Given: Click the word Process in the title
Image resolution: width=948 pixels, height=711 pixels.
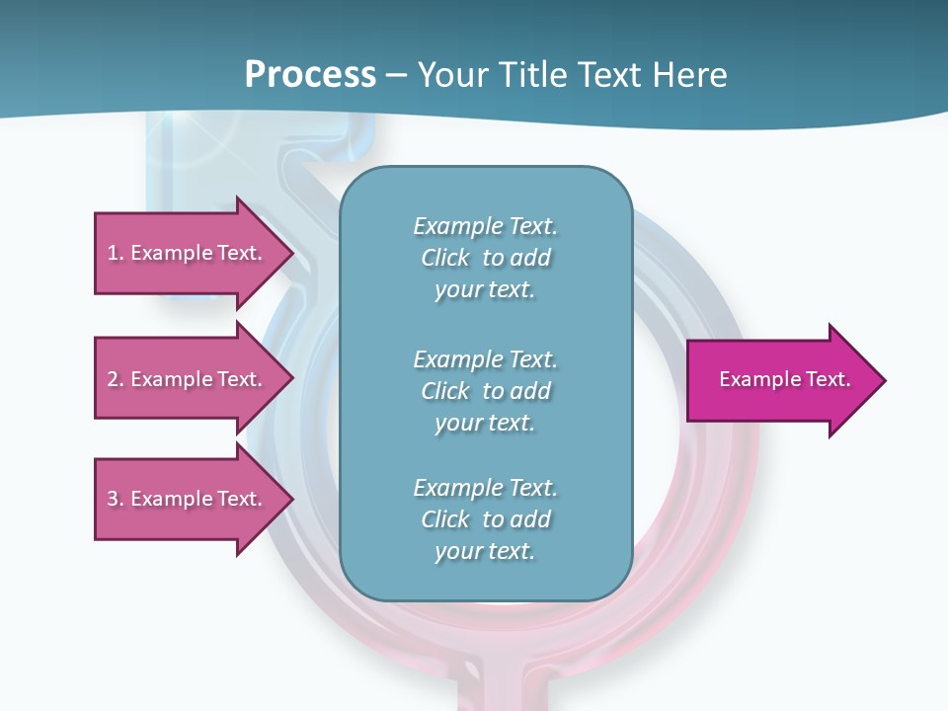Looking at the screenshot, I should click(x=310, y=75).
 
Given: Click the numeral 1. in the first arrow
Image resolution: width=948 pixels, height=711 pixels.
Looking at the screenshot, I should click(x=116, y=253).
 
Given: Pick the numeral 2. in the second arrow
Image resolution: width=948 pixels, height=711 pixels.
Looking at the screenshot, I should click(x=116, y=379).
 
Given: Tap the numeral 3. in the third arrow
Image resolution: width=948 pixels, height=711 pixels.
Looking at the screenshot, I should click(x=116, y=499).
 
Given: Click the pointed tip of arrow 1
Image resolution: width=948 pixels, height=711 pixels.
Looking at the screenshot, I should click(x=292, y=253).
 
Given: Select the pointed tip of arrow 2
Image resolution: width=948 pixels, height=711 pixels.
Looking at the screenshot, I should click(x=292, y=379).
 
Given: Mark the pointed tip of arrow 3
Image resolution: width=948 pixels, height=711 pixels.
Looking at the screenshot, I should click(x=292, y=499).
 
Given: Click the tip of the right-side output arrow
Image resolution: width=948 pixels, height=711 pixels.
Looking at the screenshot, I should click(x=884, y=380).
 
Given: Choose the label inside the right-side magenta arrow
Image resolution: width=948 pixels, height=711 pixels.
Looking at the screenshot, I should click(x=784, y=379).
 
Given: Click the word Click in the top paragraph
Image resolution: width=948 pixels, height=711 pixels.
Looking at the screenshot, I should click(x=445, y=258).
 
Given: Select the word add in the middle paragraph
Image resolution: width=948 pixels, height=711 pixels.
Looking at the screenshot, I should click(x=530, y=391).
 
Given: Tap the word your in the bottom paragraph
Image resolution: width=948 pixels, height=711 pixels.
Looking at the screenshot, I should click(x=457, y=551).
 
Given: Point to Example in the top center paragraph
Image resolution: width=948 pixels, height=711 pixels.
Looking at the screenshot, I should click(x=458, y=226).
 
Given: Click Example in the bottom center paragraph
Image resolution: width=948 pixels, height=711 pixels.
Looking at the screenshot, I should click(x=458, y=488).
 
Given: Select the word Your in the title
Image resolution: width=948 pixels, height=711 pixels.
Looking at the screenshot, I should click(x=451, y=75).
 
